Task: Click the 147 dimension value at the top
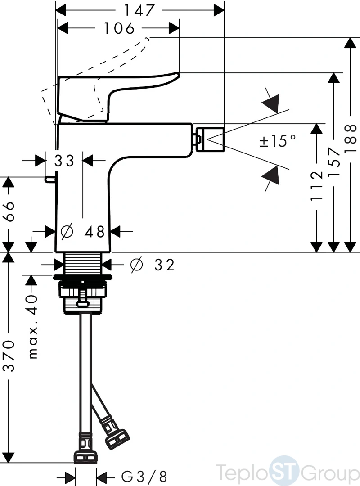(x=139, y=10)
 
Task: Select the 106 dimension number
(x=119, y=28)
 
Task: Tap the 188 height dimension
(x=351, y=138)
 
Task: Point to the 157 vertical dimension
(x=334, y=162)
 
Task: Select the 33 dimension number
(x=64, y=161)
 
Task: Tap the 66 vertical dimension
(x=10, y=211)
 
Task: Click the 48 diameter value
(x=95, y=232)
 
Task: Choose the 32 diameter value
(x=164, y=265)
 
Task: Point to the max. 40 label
(x=33, y=327)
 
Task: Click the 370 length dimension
(x=9, y=355)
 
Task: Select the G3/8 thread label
(x=144, y=477)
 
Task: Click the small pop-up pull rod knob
(x=49, y=179)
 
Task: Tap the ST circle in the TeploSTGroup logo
(x=283, y=470)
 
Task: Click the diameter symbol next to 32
(x=137, y=265)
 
